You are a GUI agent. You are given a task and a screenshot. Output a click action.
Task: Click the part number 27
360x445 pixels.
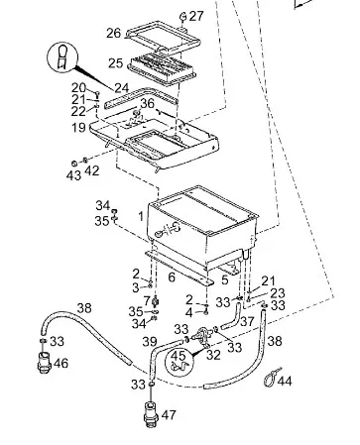(196, 16)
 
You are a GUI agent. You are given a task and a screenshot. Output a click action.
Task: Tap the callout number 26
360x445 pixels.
(114, 33)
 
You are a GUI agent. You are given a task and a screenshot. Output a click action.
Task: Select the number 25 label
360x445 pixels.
(116, 63)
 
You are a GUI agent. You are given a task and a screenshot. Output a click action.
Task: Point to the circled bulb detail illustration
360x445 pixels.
(62, 56)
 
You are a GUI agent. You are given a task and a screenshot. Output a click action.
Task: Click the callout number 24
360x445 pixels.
(122, 87)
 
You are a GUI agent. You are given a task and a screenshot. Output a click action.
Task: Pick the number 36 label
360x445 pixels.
(147, 103)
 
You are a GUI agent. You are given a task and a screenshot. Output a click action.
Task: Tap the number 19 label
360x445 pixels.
(79, 127)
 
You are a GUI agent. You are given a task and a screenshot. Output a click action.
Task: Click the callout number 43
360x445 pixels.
(73, 175)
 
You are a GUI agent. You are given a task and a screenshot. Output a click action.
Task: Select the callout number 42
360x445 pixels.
(92, 170)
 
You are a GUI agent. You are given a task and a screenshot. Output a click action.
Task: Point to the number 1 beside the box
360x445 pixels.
(141, 217)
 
